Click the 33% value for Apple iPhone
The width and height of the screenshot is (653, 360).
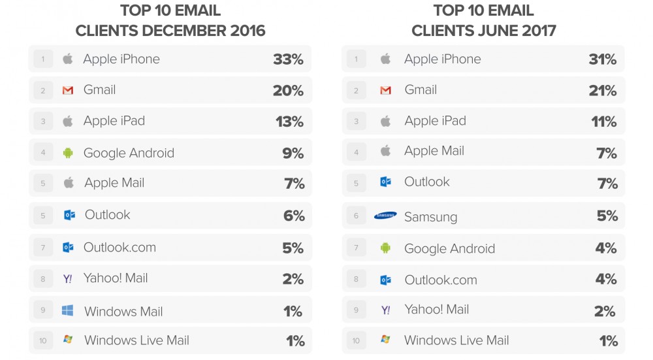point(288,59)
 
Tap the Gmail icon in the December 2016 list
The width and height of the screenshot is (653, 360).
point(68,90)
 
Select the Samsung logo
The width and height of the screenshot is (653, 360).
point(385,216)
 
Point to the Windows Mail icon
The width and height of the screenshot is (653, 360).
point(68,311)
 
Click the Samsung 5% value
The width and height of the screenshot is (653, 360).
point(607,216)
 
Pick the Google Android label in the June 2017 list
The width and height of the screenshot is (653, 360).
point(449,248)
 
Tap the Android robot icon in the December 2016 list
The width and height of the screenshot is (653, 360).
point(68,153)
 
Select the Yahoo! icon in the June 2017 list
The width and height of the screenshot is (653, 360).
point(385,310)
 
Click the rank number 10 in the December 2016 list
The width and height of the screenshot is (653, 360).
point(43,340)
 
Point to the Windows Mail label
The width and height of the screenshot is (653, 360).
point(123,312)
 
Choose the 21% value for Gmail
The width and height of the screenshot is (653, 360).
point(602,91)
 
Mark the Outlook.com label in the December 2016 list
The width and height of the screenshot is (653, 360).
point(119,247)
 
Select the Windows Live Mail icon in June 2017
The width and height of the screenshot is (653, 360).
point(385,340)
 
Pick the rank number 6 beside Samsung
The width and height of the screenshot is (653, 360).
point(357,216)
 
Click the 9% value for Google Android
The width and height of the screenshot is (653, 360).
point(293,154)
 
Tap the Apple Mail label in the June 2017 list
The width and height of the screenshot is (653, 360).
point(434,151)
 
